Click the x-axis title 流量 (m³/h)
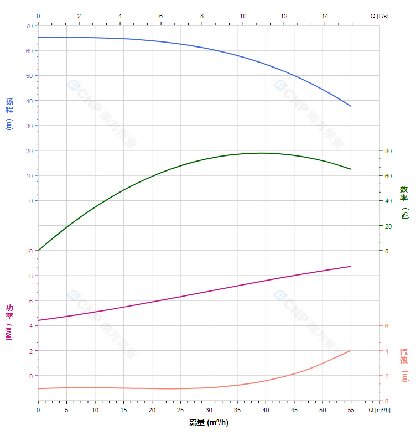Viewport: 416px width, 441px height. [209, 423]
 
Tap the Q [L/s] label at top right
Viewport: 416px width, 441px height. [379, 16]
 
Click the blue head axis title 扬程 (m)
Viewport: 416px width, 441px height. [9, 113]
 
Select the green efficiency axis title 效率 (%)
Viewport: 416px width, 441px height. [404, 202]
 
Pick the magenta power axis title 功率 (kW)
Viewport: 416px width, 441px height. [9, 322]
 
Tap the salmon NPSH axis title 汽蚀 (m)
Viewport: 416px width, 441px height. [404, 365]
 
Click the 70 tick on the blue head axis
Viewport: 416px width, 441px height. [29, 25]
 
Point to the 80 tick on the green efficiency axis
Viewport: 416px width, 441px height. [388, 151]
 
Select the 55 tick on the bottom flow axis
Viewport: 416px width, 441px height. [351, 410]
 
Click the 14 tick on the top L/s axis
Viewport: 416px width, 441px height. [325, 16]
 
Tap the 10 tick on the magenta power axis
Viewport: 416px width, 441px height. [29, 251]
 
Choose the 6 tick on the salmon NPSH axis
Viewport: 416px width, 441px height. [387, 326]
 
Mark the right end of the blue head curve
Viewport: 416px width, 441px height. [351, 106]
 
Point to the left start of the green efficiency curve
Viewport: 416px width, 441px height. [38, 251]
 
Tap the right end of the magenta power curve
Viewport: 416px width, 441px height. [351, 266]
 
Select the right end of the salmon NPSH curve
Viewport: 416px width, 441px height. [351, 350]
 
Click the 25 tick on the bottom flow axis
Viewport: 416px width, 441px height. [180, 410]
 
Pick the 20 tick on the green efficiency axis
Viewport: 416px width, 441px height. [388, 226]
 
